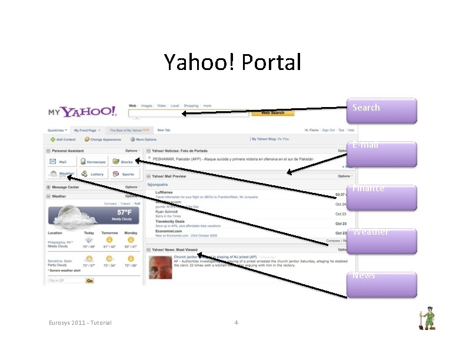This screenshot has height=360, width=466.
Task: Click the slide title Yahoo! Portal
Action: [232, 61]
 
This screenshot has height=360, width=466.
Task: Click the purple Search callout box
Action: [382, 110]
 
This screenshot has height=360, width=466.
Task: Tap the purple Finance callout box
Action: [382, 197]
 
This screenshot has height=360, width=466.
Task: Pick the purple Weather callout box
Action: [382, 241]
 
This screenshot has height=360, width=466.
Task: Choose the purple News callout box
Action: [382, 284]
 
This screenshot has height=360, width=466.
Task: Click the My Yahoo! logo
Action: [82, 112]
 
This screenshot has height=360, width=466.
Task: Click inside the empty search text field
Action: [185, 113]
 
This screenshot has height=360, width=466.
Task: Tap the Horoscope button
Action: [94, 162]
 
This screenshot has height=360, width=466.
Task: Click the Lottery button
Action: [94, 174]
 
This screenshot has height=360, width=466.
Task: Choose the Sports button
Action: [124, 174]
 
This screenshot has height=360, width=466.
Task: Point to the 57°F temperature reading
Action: [124, 212]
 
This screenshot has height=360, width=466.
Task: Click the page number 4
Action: [236, 322]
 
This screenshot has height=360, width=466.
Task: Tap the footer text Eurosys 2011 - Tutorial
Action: [80, 322]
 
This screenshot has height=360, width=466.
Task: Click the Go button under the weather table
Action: [89, 281]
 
